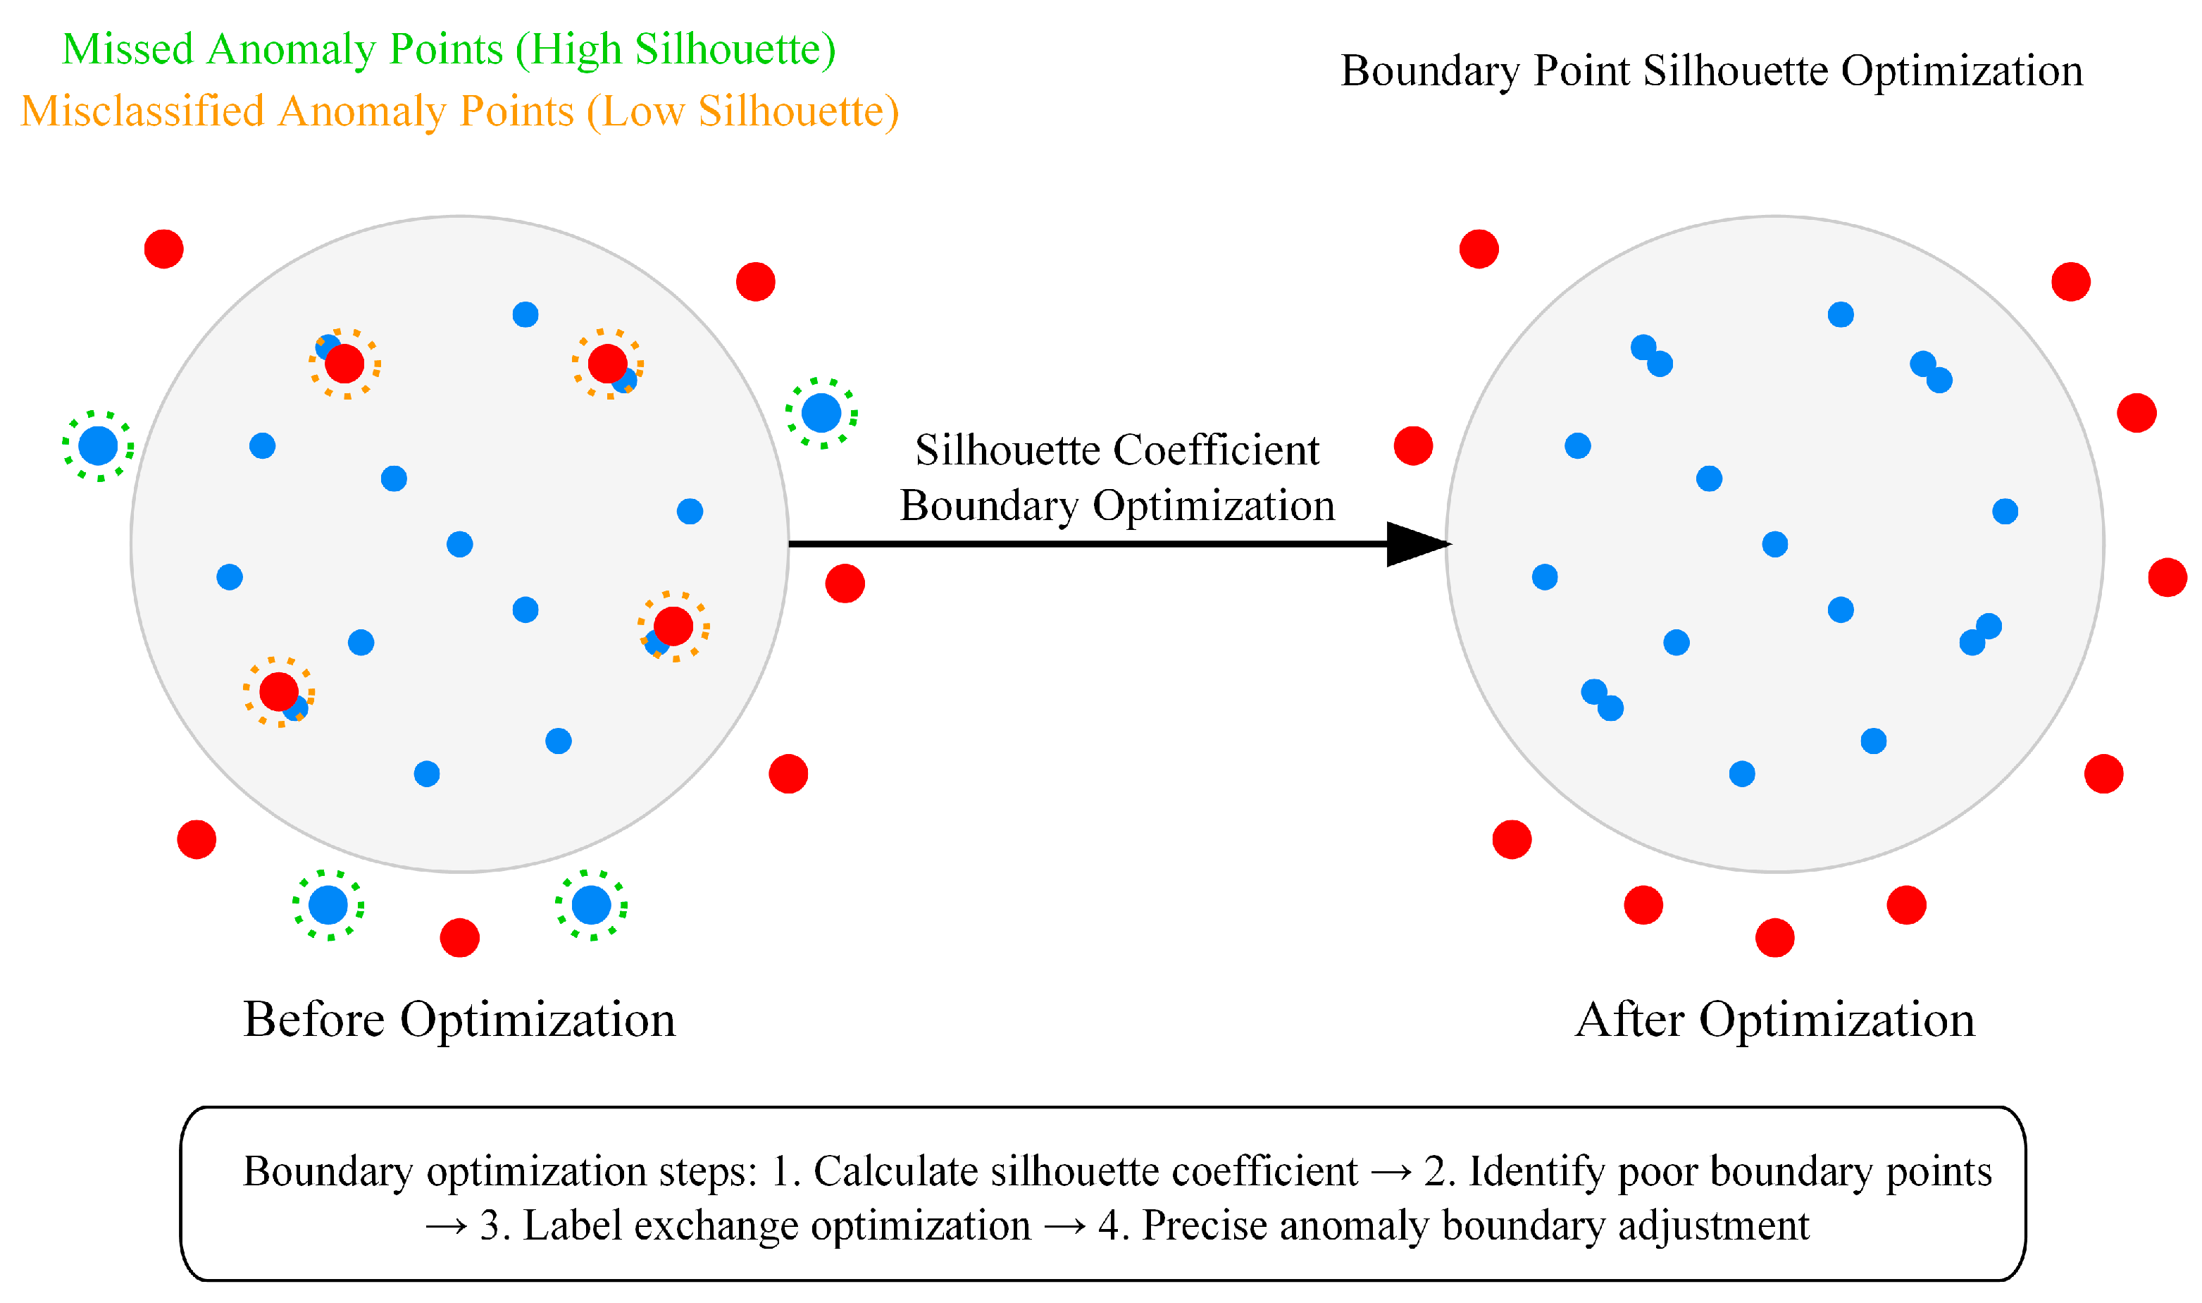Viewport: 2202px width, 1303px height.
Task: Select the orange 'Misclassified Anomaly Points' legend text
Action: click(299, 111)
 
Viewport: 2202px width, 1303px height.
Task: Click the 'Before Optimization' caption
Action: click(459, 1020)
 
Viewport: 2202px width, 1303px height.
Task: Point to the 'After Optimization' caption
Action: click(1774, 1020)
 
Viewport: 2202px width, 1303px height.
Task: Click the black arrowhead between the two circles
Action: click(1414, 544)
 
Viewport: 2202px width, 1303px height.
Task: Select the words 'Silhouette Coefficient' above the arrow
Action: click(1116, 450)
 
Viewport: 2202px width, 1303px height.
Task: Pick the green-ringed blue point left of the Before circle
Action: click(99, 446)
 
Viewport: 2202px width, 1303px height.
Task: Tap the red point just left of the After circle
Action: click(1413, 446)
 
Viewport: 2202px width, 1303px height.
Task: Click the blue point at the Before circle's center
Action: click(460, 544)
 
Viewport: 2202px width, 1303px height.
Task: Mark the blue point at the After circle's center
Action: click(1774, 544)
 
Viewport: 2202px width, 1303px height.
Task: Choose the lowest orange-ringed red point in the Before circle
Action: click(279, 692)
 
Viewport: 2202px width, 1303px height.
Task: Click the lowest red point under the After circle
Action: click(1774, 938)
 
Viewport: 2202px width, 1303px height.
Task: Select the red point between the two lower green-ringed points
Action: click(460, 938)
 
